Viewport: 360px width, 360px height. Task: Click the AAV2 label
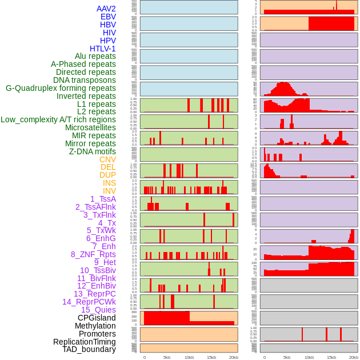point(106,9)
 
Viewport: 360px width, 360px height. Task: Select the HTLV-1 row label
point(103,49)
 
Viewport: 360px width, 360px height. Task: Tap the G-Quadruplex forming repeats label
point(61,88)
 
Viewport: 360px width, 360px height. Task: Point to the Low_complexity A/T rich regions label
point(58,119)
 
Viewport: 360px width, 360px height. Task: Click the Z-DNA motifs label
point(93,151)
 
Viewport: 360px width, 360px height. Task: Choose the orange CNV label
point(107,159)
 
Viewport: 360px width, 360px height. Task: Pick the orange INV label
point(109,191)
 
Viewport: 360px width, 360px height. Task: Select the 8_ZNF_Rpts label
point(93,254)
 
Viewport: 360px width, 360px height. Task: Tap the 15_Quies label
point(98,310)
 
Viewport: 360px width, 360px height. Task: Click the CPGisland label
point(97,318)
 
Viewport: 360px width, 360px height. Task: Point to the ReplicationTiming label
point(85,342)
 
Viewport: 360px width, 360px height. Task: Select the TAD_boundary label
point(89,349)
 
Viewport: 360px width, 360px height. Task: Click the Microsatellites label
point(90,127)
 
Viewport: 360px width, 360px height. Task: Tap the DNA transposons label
point(85,80)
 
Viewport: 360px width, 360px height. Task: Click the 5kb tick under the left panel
point(167,357)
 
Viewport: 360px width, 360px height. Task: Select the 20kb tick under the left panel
point(234,357)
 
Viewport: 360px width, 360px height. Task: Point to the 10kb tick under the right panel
point(309,357)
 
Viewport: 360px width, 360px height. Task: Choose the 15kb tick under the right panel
point(331,357)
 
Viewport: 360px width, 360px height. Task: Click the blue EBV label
point(108,17)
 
